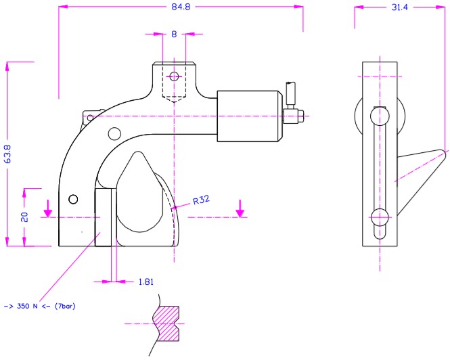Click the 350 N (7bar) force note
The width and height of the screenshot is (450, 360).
[39, 307]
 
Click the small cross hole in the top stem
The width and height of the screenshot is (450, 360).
[175, 76]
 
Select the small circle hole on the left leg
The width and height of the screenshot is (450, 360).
[74, 198]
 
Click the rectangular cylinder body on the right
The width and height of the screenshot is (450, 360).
[249, 116]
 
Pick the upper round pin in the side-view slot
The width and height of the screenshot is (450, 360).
[380, 116]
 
